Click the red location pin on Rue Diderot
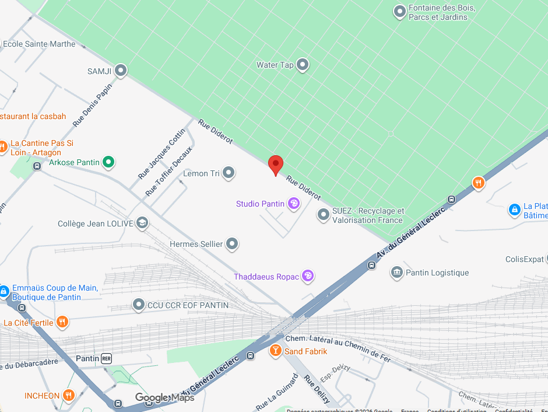tap(275, 165)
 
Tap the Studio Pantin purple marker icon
tap(294, 204)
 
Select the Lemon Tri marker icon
tap(229, 173)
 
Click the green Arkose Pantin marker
tap(108, 162)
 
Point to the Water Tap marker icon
tap(303, 65)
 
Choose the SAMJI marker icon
tap(121, 71)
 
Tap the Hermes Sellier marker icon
tap(232, 244)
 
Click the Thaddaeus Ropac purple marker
tap(308, 277)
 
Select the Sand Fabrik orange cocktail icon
tap(275, 351)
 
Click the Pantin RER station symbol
tap(106, 358)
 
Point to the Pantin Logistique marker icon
tap(397, 273)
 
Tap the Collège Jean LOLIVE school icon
tap(142, 223)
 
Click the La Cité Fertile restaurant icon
tap(62, 322)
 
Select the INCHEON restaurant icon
tap(69, 396)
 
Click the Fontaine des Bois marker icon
tap(399, 12)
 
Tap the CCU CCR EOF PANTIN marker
tap(138, 305)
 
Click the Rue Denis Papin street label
tap(92, 105)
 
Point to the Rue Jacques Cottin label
tap(161, 154)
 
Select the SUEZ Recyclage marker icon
tap(323, 215)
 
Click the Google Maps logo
tap(164, 398)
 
